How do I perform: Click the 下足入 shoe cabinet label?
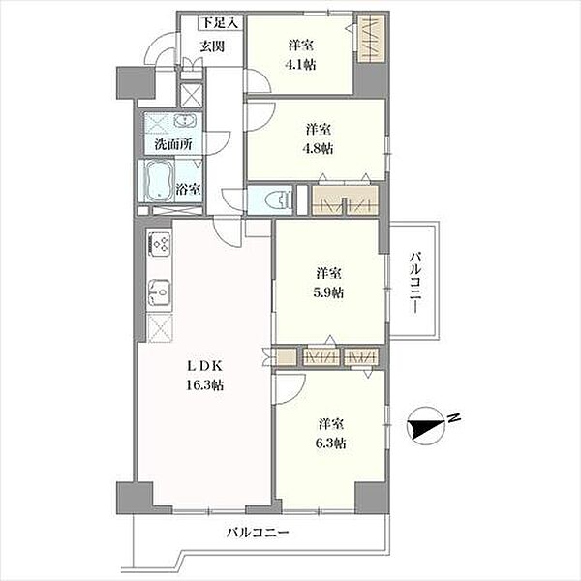point(220,23)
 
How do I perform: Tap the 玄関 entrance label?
point(212,46)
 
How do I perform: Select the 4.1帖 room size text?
point(300,65)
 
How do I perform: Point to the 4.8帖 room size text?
point(318,148)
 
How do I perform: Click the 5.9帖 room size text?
point(328,292)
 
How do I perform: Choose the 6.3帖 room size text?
point(330,443)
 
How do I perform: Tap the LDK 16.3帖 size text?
point(204,385)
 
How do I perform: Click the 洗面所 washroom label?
point(173,144)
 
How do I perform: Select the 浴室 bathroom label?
point(188,190)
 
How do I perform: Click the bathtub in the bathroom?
point(160,181)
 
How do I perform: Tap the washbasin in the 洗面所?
point(185,121)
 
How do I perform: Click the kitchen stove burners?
point(160,243)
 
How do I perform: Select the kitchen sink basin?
point(160,291)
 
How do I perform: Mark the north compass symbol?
point(426,424)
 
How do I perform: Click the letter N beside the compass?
point(454,417)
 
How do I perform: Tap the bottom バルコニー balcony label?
point(258,534)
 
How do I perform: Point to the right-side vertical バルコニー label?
point(415,283)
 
